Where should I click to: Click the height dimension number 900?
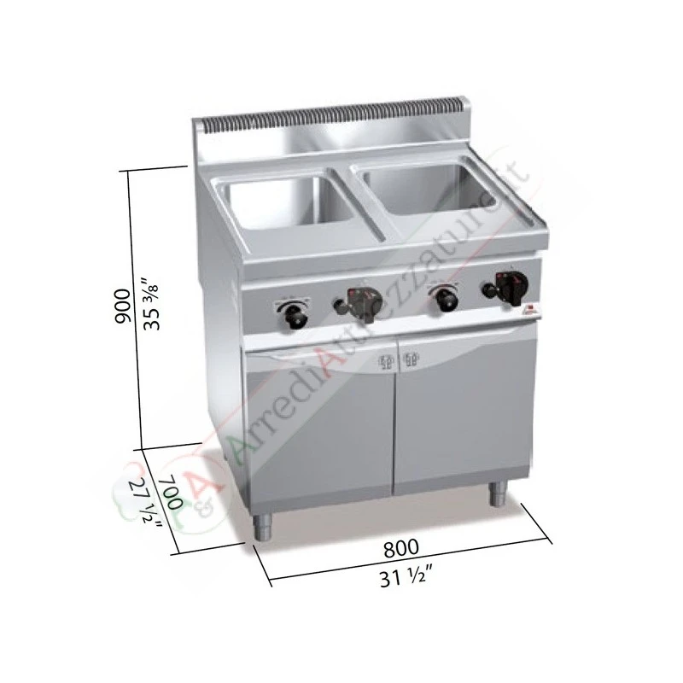click(122, 305)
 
